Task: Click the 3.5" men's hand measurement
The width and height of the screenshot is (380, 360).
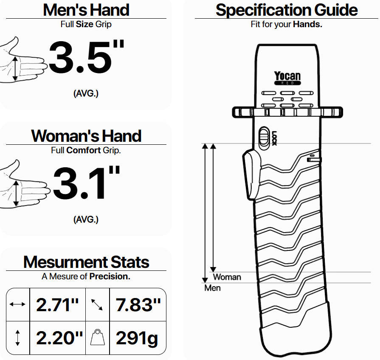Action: [86, 57]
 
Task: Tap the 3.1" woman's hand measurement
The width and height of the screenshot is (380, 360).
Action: [86, 183]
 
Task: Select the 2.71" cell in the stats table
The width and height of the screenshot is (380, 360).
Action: [57, 304]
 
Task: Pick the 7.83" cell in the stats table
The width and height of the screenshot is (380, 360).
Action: [138, 304]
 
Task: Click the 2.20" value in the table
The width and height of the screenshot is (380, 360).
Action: [59, 337]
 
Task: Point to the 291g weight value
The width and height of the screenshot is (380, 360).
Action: [137, 338]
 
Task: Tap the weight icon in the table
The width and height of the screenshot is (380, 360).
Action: [97, 337]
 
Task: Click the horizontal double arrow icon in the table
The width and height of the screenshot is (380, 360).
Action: [17, 304]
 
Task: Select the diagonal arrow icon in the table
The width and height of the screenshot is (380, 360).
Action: [97, 304]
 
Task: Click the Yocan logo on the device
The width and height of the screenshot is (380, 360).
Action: [287, 78]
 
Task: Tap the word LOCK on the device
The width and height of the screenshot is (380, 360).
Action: [274, 138]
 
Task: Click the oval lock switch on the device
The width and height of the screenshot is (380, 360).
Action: [264, 138]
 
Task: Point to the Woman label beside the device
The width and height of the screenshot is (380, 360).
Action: [227, 277]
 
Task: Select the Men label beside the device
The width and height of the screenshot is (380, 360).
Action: [213, 288]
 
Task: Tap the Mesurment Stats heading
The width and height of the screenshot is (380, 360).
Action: [86, 262]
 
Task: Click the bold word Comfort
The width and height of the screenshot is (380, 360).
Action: [84, 150]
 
